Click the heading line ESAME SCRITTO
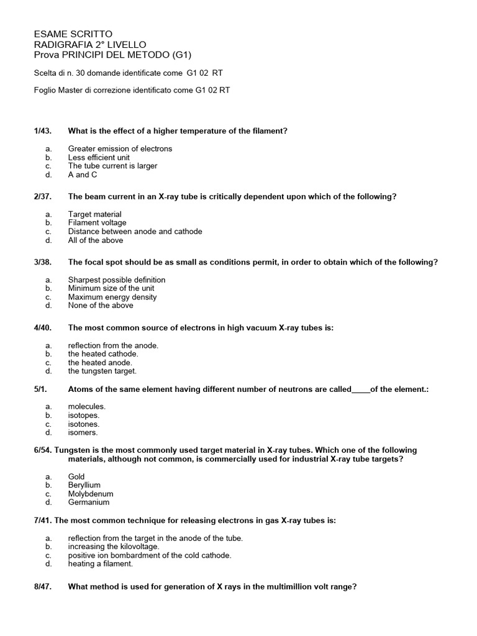(x=73, y=34)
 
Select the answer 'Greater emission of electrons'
(x=120, y=149)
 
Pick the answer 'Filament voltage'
(x=97, y=223)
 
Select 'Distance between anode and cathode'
(x=135, y=232)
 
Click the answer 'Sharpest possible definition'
(x=117, y=280)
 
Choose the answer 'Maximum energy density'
(x=112, y=297)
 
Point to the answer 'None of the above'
(x=101, y=306)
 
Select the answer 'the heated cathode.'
(x=103, y=354)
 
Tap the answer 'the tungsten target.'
(x=102, y=371)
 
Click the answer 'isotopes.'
(x=84, y=416)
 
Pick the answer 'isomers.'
(x=83, y=432)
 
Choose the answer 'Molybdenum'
(x=91, y=494)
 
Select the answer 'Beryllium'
(x=84, y=485)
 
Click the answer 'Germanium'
(x=89, y=502)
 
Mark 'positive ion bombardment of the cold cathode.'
(x=150, y=555)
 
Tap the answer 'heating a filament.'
(x=101, y=564)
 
